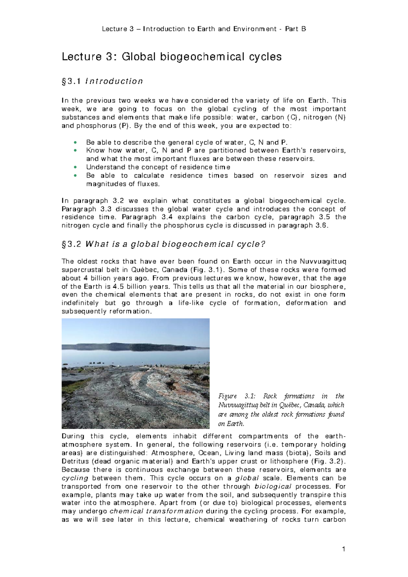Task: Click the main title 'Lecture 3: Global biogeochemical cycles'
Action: [x=171, y=56]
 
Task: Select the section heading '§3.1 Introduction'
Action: [x=102, y=81]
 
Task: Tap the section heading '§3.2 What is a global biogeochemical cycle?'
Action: [x=163, y=244]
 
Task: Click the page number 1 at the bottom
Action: [x=344, y=549]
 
